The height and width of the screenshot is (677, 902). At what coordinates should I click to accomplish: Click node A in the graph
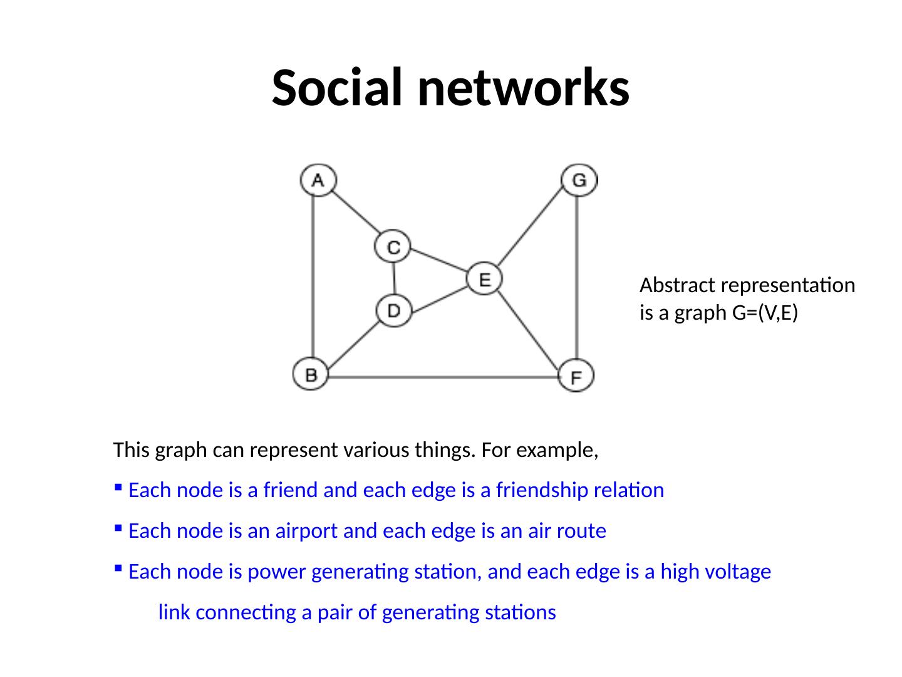click(x=318, y=180)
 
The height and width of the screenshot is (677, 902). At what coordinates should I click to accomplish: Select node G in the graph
click(x=579, y=180)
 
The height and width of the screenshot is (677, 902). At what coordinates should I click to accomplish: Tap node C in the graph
click(x=393, y=246)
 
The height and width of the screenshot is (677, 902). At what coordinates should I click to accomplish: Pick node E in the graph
click(x=484, y=278)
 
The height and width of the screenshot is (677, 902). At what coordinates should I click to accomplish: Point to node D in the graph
click(x=394, y=310)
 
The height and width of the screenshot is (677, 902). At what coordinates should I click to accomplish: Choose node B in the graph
click(x=311, y=375)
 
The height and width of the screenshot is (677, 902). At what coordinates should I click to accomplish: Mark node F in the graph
click(x=576, y=376)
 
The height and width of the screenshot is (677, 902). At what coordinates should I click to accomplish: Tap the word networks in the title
click(x=524, y=88)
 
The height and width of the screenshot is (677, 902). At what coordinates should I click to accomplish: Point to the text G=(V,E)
click(x=764, y=312)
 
